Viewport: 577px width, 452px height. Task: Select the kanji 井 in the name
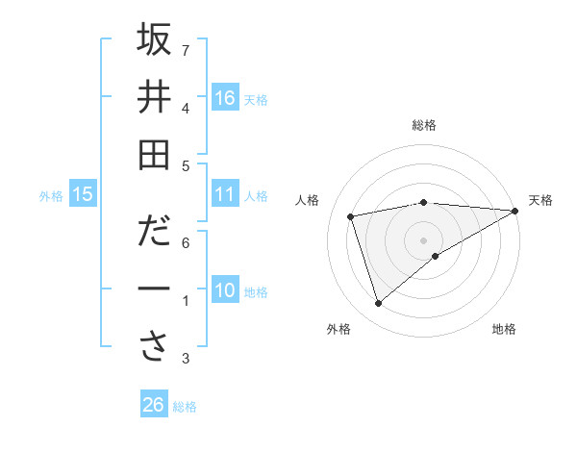[x=154, y=97]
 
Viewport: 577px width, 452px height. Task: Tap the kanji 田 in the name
[x=154, y=155]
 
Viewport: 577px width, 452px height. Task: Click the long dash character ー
[x=154, y=289]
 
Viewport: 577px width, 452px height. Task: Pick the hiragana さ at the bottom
[x=154, y=347]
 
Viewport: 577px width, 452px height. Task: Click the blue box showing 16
[x=225, y=98]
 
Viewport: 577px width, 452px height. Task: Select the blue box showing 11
[x=225, y=194]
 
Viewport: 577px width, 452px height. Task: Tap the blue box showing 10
[x=225, y=290]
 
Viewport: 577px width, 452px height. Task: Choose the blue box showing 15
[x=83, y=195]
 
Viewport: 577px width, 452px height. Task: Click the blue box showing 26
[x=154, y=405]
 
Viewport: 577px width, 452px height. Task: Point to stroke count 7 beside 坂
[x=186, y=50]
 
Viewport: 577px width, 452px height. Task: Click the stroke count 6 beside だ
[x=186, y=242]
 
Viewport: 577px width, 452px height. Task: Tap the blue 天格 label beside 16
[x=256, y=99]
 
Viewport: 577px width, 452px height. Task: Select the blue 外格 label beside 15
[x=51, y=196]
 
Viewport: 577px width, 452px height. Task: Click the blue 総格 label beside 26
[x=185, y=406]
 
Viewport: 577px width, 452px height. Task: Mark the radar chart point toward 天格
[x=516, y=211]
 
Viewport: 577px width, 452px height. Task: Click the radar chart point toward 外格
[x=378, y=304]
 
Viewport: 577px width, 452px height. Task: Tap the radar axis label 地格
[x=504, y=329]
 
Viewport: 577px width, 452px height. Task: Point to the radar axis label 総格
[x=424, y=125]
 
